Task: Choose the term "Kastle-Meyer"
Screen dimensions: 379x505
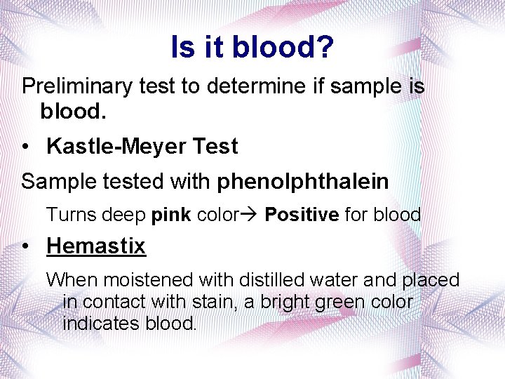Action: pyautogui.click(x=111, y=147)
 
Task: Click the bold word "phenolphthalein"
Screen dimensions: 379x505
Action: pyautogui.click(x=302, y=182)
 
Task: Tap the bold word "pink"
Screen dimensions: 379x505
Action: pyautogui.click(x=170, y=215)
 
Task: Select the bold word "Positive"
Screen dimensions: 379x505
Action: pyautogui.click(x=301, y=215)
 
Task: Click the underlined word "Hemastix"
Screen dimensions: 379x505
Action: pyautogui.click(x=96, y=246)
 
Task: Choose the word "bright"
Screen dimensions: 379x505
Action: pyautogui.click(x=296, y=302)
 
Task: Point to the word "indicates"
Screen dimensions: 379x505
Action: pyautogui.click(x=102, y=324)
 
